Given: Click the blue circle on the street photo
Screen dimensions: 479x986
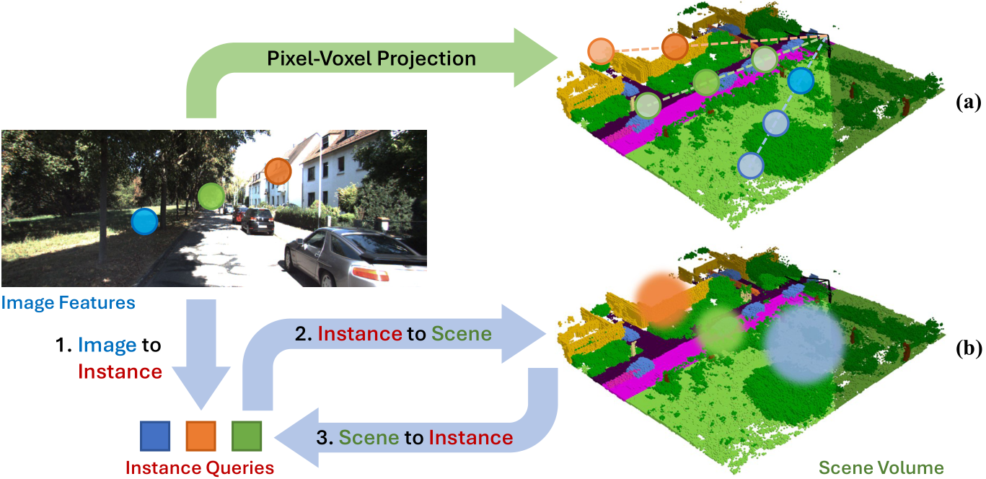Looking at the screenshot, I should (144, 221).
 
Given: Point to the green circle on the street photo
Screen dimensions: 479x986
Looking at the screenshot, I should (211, 195).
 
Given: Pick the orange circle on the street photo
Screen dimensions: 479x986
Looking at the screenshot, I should (277, 172).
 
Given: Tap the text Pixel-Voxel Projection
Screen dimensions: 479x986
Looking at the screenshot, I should (371, 58).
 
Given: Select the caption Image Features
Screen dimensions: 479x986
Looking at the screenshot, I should (69, 302).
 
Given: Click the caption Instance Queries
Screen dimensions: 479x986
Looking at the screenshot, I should (200, 467).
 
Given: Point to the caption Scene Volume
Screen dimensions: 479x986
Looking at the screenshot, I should (881, 467).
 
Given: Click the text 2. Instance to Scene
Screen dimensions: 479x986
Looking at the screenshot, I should (394, 334).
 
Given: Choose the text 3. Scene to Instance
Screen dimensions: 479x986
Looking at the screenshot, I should (415, 437).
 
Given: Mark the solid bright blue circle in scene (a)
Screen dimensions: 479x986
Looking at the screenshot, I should (800, 81).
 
